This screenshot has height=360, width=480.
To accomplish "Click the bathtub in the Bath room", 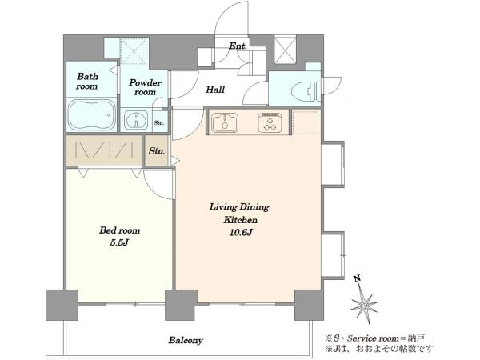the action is click(x=92, y=115).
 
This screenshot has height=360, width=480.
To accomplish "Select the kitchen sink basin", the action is click(x=225, y=122).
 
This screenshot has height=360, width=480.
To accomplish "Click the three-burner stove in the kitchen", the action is click(x=270, y=122).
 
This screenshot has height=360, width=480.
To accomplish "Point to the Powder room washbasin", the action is click(x=136, y=120).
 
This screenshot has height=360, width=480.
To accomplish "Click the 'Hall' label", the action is click(x=215, y=90).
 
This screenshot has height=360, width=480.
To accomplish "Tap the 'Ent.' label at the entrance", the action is click(x=238, y=46).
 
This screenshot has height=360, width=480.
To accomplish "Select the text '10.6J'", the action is click(x=241, y=233).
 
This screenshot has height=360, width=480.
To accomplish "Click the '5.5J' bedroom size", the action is click(x=119, y=243).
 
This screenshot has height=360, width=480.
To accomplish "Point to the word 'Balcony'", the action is click(x=186, y=340).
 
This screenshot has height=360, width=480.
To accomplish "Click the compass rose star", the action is click(x=364, y=305).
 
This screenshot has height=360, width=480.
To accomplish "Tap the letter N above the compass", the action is click(x=356, y=278).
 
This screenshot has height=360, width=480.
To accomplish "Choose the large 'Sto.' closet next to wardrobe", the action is click(x=157, y=151).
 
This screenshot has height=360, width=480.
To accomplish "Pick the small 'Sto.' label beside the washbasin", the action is click(x=159, y=123).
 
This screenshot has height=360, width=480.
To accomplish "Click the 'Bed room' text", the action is click(x=119, y=230).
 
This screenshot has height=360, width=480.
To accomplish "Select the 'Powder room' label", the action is click(x=145, y=87).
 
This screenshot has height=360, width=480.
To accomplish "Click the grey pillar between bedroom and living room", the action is click(x=181, y=306).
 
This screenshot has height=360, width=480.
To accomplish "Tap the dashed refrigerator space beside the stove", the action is click(x=306, y=122).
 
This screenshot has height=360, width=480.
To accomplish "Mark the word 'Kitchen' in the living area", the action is click(x=240, y=220).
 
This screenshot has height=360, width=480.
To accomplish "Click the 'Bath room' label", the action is click(x=87, y=81).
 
